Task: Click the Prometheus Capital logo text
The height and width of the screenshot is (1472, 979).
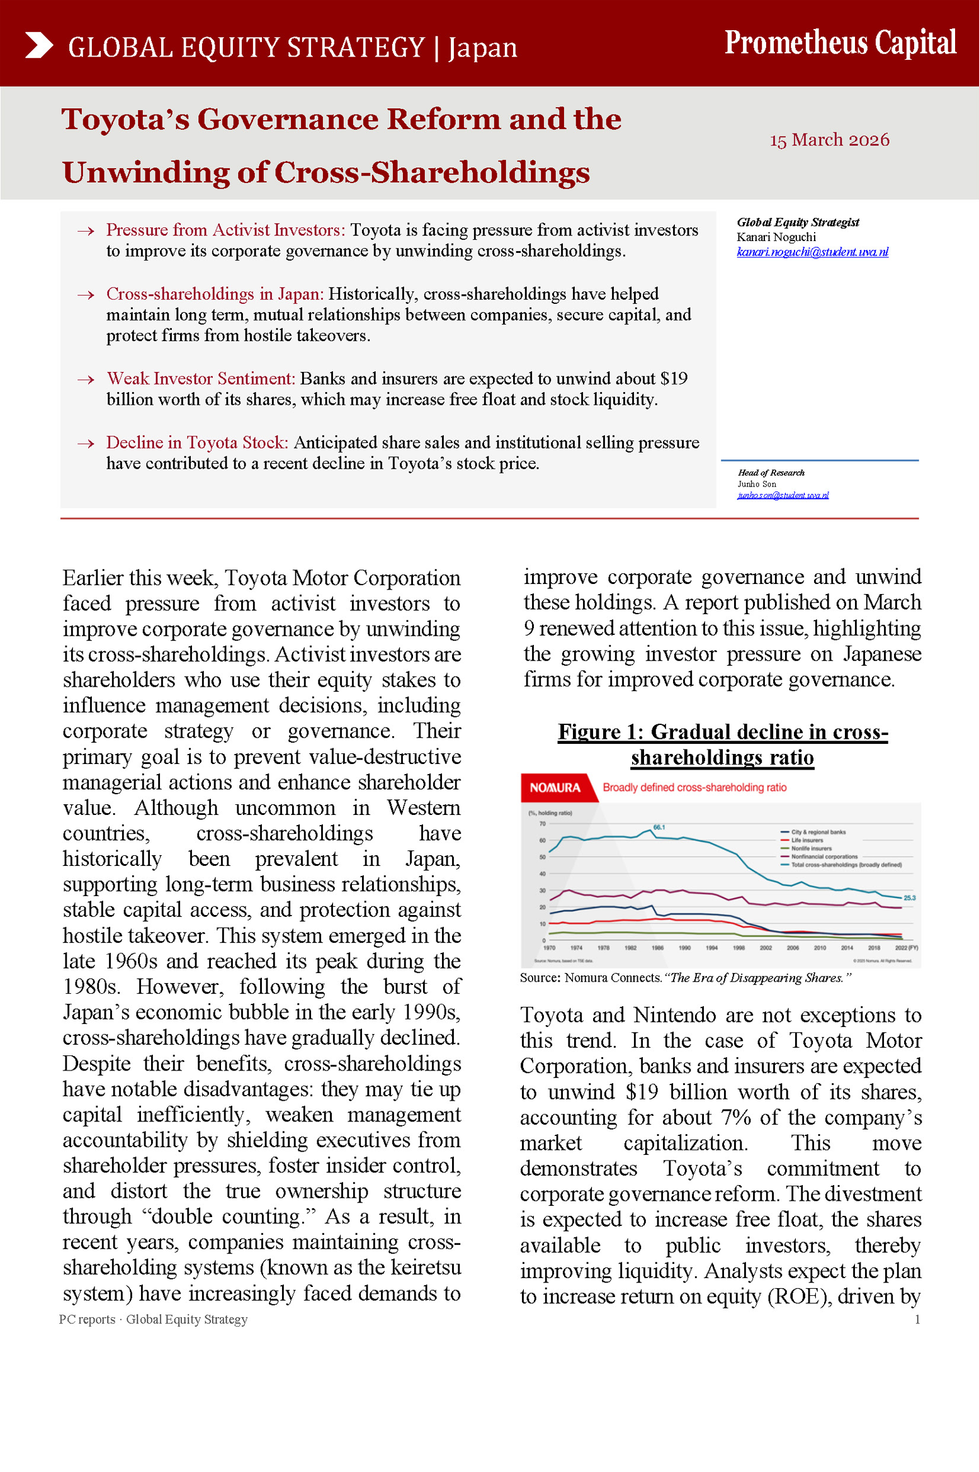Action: [x=840, y=43]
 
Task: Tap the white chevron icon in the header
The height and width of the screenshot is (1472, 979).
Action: [x=39, y=45]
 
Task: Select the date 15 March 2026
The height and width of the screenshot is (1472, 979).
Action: [x=829, y=139]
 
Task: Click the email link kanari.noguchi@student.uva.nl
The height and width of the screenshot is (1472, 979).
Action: [x=812, y=252]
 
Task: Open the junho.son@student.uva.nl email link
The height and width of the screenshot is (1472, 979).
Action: [x=783, y=495]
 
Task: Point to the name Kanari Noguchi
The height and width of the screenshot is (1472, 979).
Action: [x=776, y=237]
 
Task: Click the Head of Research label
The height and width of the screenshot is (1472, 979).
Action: [x=771, y=473]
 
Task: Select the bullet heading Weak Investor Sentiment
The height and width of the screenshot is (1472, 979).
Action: [x=201, y=378]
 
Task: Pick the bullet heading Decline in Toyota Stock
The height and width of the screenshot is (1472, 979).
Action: [x=197, y=442]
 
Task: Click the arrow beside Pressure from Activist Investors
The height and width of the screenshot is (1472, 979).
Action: [x=86, y=231]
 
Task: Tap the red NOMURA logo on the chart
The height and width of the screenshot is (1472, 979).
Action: [x=555, y=787]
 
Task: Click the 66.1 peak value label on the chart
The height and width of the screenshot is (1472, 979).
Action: [x=659, y=827]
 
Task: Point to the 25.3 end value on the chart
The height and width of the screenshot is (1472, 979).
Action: [x=909, y=898]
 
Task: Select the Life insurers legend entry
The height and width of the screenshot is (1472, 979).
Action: [x=806, y=840]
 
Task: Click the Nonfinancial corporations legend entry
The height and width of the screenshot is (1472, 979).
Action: [x=824, y=857]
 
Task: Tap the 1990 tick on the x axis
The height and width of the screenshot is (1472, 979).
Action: [x=684, y=948]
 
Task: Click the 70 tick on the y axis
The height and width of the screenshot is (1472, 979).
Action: [x=542, y=824]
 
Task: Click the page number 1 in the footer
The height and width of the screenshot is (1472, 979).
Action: [x=917, y=1320]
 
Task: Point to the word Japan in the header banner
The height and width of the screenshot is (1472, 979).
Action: [x=483, y=48]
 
